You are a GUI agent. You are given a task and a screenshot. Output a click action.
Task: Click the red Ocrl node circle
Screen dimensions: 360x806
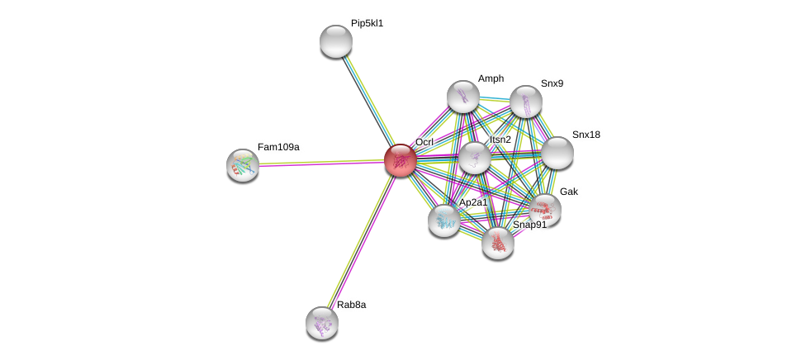click(401, 160)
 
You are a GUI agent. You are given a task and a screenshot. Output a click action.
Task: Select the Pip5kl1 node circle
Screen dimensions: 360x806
click(336, 41)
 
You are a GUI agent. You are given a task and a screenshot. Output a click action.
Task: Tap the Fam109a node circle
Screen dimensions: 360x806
click(243, 165)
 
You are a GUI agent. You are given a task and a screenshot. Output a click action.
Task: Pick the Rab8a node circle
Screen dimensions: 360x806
click(322, 323)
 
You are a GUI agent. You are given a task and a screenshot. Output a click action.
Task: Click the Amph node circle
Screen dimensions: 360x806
click(463, 97)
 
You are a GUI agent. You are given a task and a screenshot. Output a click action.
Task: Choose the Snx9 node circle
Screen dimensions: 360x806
click(526, 102)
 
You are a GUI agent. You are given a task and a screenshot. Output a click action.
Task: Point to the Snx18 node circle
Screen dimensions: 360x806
click(557, 153)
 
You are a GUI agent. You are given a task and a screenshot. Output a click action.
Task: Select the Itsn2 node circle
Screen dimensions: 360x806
click(475, 158)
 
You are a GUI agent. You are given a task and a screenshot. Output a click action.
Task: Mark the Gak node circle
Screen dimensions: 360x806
click(545, 210)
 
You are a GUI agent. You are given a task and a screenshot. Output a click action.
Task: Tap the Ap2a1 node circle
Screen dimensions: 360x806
click(444, 220)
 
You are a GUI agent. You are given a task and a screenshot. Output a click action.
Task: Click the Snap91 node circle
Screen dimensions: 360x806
click(498, 243)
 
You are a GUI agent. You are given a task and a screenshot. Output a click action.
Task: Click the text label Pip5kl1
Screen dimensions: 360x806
click(367, 24)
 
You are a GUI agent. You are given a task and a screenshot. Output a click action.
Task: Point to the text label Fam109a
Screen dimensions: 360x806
click(278, 147)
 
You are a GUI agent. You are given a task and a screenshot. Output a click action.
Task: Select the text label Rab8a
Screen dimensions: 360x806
click(351, 305)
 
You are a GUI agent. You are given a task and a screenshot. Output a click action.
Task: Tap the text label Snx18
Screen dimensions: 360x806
click(586, 135)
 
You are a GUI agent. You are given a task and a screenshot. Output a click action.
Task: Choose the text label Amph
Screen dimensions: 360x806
click(491, 78)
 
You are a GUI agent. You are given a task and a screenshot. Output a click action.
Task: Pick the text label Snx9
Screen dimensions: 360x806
click(552, 83)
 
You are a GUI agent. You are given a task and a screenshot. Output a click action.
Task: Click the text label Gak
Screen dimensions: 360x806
click(569, 192)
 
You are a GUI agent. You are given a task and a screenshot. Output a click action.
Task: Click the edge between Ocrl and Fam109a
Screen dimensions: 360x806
click(322, 163)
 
